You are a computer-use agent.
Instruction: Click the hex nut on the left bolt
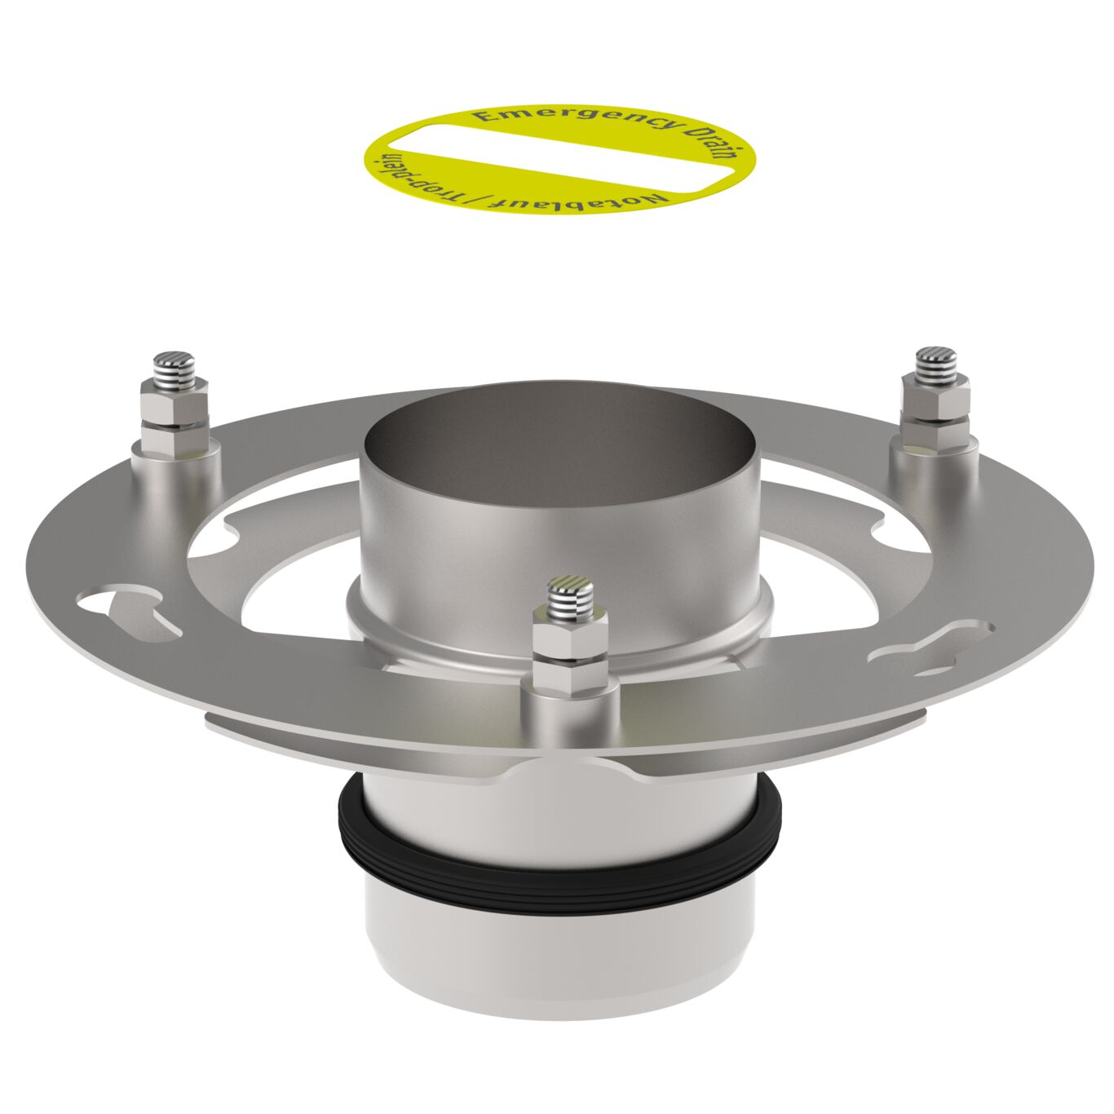coord(173,400)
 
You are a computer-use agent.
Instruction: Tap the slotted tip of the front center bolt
coord(570,588)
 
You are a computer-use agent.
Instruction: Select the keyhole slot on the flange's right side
coord(930,648)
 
